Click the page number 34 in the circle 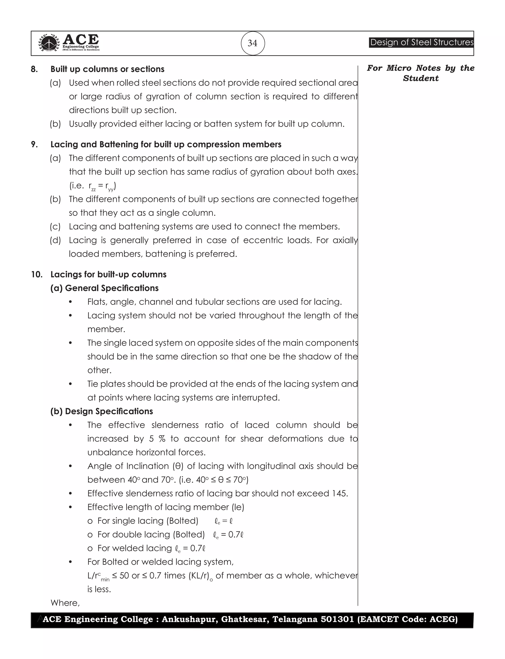(x=252, y=43)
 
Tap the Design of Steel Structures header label (x=421, y=42)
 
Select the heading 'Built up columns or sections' (x=107, y=69)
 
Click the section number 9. (x=34, y=145)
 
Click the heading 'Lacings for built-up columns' (x=108, y=275)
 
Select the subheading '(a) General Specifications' (x=104, y=288)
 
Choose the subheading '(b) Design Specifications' (x=102, y=411)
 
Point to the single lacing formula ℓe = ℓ (x=224, y=521)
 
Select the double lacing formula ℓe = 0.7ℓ (x=228, y=534)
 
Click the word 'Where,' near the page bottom (x=65, y=603)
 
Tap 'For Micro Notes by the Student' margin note (x=420, y=73)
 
